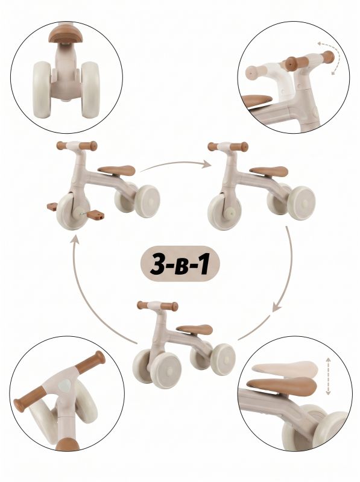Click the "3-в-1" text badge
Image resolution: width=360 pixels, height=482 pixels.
coord(180,264)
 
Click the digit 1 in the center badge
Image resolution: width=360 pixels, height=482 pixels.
coord(203,264)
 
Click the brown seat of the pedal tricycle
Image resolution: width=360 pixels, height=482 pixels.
coord(117,171)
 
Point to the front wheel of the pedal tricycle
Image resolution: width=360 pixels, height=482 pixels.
coord(73,211)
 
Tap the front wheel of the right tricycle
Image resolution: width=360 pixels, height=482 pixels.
coord(224,211)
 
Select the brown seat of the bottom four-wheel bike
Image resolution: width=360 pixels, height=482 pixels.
coord(195,329)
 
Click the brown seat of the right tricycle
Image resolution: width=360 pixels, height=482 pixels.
coord(269,171)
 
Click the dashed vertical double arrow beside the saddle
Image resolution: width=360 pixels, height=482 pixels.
coord(328,376)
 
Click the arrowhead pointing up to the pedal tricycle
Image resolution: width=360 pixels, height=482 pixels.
coord(75,239)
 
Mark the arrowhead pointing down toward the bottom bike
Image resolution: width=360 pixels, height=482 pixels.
coord(277,307)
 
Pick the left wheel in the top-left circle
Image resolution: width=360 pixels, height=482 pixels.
coord(42,90)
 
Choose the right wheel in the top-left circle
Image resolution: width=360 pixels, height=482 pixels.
coord(91,90)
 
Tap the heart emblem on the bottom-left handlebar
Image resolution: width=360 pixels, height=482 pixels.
coord(65,386)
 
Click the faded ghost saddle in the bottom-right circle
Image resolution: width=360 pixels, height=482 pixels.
coord(285,369)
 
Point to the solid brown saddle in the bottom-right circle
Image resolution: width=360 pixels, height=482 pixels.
coord(282,386)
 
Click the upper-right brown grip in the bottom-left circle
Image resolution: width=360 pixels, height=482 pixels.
coord(91,361)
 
